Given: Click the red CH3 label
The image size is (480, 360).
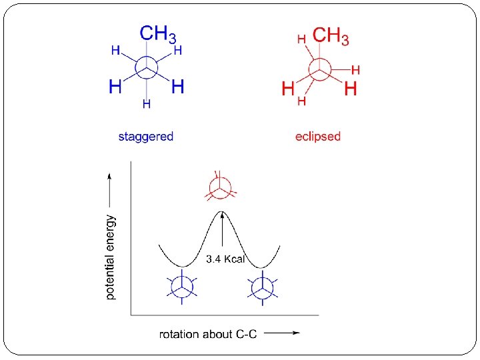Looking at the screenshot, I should pos(331,37).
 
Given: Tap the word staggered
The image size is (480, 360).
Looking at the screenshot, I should pos(146,137).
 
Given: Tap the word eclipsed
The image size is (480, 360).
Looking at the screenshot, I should pos(318,137).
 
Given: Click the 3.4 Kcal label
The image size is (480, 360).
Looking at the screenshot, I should pos(226,259).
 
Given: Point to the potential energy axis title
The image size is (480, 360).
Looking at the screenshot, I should pos(111,257).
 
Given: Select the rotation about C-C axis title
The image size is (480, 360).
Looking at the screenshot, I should pos(208,333).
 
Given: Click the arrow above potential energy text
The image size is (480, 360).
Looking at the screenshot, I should pos(111,188).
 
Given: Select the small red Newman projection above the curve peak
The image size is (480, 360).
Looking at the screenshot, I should pos(221,187).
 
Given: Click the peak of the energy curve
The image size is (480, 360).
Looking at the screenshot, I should pos(222,212).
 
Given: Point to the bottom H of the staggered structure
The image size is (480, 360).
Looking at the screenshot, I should pos(146,104).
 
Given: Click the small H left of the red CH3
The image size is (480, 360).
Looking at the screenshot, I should pos(301,40).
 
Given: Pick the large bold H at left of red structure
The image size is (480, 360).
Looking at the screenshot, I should pos(288,88).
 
